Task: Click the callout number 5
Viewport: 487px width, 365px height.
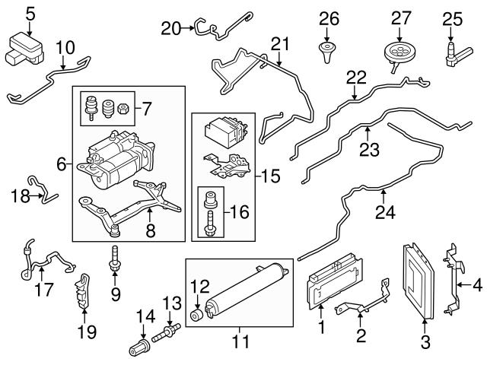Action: click(x=30, y=12)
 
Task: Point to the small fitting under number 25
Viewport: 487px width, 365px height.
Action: click(x=451, y=52)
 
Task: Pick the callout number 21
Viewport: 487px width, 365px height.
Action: click(x=281, y=44)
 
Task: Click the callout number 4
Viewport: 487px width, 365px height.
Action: click(x=476, y=285)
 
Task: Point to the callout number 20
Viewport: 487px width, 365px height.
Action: click(x=170, y=28)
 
